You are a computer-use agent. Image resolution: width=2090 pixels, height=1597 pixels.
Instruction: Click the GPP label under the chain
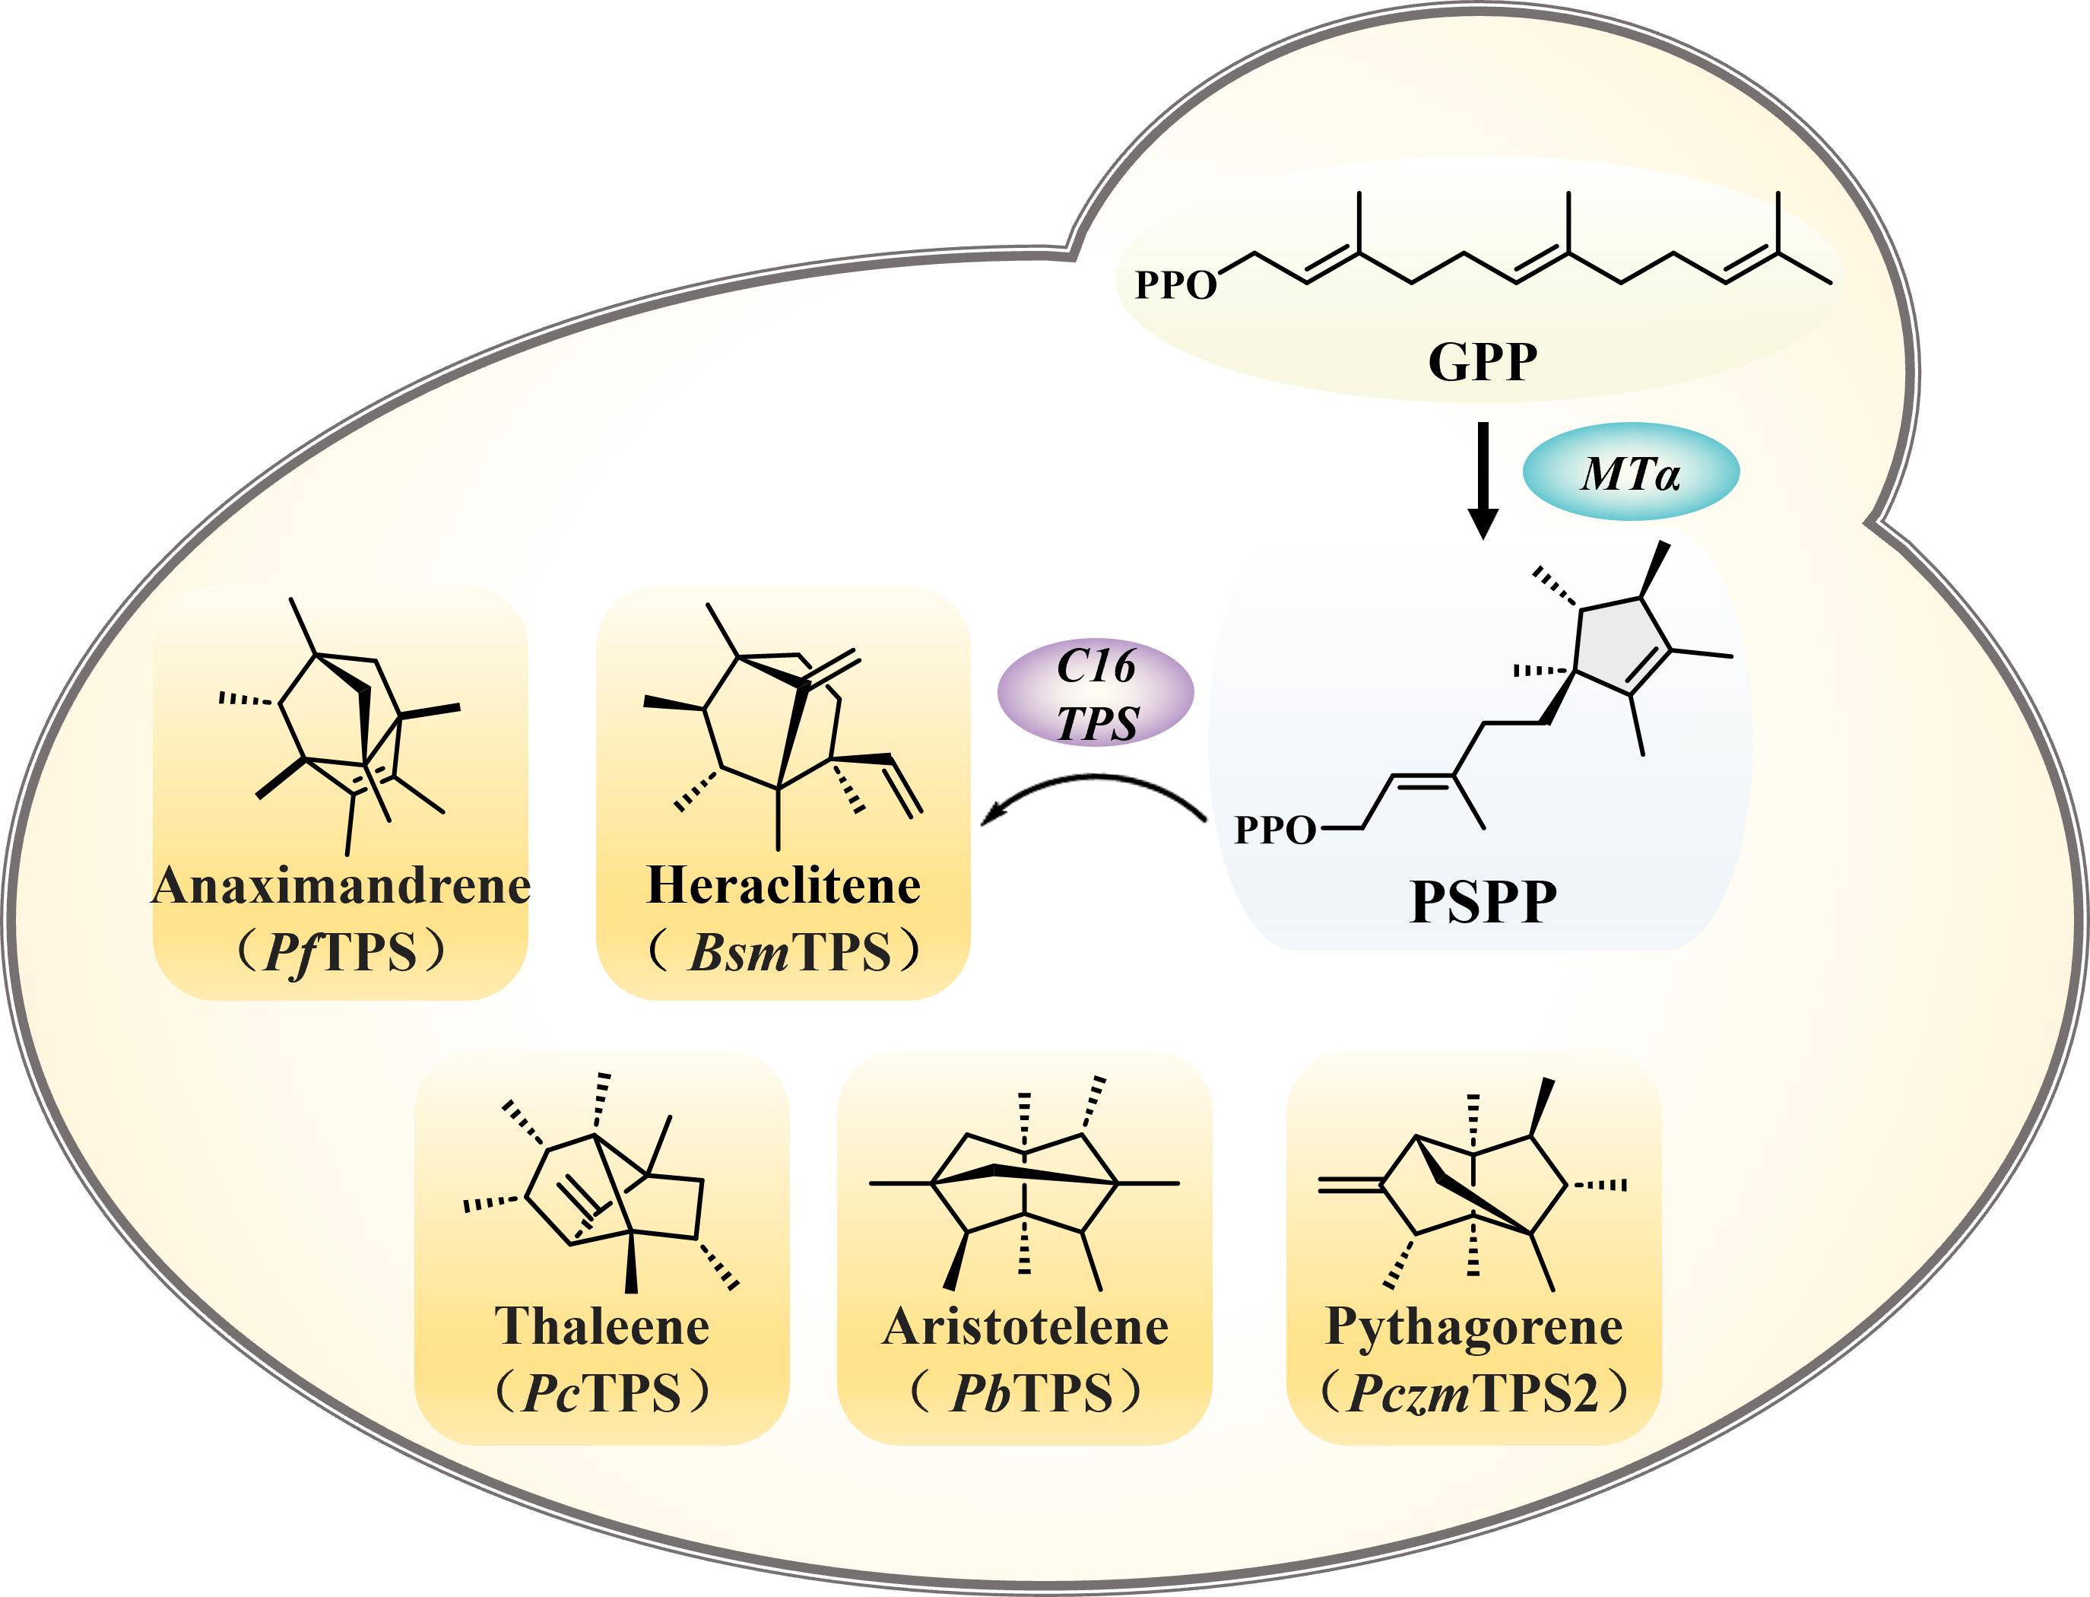pos(1482,362)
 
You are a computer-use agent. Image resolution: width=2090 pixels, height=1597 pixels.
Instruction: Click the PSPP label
pos(1482,900)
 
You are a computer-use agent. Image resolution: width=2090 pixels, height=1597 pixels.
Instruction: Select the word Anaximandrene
pos(341,886)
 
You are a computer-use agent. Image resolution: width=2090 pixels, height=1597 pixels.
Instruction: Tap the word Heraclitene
pos(783,886)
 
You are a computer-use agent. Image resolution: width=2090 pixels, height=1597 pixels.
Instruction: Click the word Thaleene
pos(601,1326)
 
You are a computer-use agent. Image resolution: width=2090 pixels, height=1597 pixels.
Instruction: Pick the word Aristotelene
pos(1025,1326)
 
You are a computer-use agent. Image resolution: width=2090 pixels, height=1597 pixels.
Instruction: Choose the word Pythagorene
pos(1473,1326)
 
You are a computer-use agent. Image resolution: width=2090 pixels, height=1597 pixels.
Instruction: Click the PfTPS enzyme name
pos(341,951)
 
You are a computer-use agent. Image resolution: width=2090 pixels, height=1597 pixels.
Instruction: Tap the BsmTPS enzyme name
pos(789,951)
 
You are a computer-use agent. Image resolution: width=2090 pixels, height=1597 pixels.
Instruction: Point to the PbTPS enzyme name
pos(1030,1392)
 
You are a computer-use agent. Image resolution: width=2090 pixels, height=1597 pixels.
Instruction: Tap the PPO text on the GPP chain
pos(1175,285)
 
